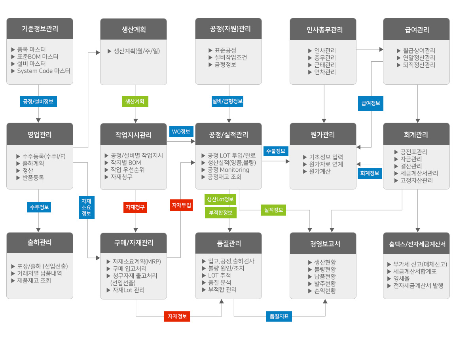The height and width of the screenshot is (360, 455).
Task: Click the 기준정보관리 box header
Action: (x=40, y=29)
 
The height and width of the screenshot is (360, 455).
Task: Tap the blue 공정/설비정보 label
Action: (x=38, y=102)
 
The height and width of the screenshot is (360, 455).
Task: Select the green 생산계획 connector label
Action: (x=135, y=102)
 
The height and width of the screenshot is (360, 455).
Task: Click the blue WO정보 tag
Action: (x=181, y=132)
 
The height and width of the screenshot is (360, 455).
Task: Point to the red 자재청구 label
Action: (x=135, y=207)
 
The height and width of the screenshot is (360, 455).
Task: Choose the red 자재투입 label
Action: (x=181, y=205)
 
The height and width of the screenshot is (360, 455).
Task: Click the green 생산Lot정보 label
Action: (x=220, y=199)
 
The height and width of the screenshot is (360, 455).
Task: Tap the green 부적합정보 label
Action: (x=220, y=212)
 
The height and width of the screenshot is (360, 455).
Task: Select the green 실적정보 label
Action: (x=273, y=210)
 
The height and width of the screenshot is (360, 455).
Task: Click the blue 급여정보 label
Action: (x=371, y=103)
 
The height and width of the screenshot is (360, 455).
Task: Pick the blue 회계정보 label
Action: (x=370, y=173)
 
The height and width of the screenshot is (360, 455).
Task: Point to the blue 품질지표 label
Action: (x=279, y=316)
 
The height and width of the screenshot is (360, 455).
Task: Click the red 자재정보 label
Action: (x=177, y=316)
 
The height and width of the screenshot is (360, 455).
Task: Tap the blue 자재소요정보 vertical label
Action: (x=87, y=207)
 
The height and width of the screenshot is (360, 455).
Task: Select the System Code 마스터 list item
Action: (x=41, y=71)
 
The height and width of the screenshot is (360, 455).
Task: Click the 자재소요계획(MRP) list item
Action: (x=134, y=261)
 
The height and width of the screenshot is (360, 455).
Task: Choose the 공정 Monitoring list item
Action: (x=226, y=170)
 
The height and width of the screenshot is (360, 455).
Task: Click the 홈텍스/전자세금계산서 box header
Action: (x=416, y=244)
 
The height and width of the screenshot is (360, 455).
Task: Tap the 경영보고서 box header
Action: (x=323, y=243)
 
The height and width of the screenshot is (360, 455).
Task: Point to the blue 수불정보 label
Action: (x=276, y=151)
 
